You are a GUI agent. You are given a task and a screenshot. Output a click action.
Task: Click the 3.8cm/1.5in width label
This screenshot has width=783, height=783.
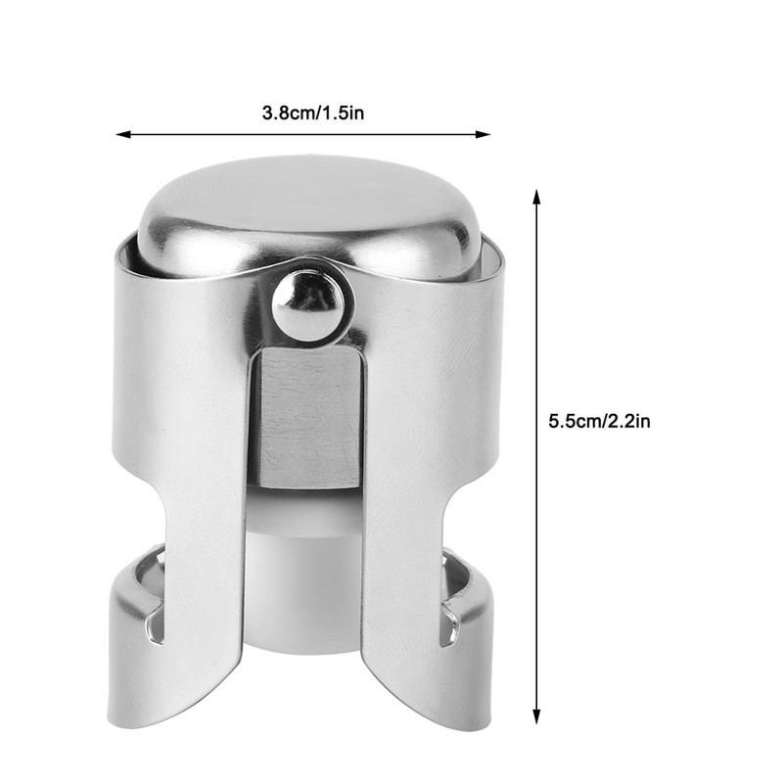(313, 113)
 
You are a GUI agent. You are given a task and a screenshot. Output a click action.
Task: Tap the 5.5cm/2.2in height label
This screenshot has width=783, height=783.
(600, 421)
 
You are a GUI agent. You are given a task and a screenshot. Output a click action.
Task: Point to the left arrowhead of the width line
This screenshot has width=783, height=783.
(121, 134)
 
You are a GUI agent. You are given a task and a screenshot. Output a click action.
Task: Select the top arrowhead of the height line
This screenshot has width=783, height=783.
(536, 196)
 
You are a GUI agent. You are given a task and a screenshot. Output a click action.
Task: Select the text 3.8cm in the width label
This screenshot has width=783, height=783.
(287, 113)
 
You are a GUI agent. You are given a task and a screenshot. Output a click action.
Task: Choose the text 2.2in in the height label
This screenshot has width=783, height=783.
(628, 421)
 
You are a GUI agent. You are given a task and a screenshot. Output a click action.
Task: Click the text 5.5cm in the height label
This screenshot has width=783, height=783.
(574, 421)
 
